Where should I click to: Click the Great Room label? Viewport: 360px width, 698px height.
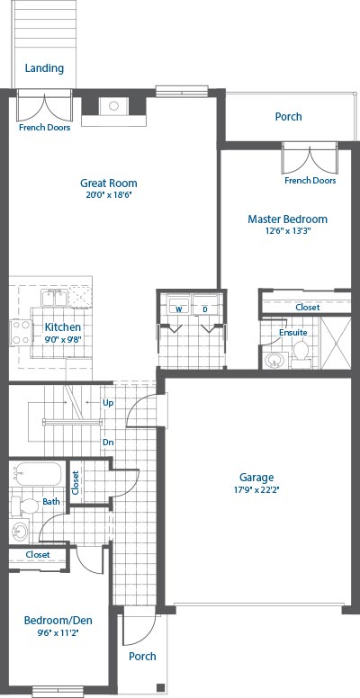(109, 183)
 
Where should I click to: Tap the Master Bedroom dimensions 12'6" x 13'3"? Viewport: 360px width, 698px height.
(287, 231)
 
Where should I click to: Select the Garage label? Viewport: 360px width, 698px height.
(256, 478)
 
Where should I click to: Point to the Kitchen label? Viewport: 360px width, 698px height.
(63, 327)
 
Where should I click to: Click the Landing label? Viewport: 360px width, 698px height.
(44, 68)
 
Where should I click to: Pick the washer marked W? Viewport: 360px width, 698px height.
(179, 306)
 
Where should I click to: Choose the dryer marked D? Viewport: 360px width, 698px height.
(205, 306)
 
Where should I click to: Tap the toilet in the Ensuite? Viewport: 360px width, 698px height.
(301, 354)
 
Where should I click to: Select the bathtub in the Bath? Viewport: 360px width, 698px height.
(38, 475)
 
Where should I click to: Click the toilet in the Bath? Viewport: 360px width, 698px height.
(25, 506)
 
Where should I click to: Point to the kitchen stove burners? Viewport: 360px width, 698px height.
(21, 333)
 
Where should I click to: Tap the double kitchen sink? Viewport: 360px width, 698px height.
(54, 299)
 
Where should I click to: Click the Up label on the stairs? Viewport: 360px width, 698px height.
(108, 403)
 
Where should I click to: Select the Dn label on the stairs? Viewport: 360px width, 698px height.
(108, 443)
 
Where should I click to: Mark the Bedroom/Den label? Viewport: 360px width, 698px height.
(58, 620)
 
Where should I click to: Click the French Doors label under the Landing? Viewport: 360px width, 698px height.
(45, 128)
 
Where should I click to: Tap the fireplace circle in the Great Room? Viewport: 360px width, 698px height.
(113, 106)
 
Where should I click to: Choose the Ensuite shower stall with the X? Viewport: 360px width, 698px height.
(336, 343)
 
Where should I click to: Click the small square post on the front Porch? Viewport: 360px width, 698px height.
(160, 686)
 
